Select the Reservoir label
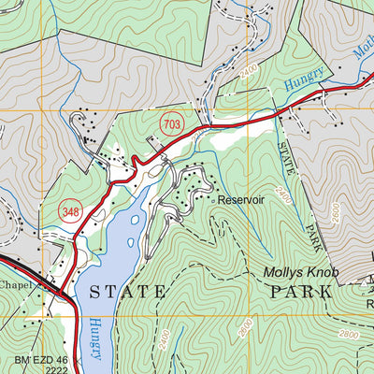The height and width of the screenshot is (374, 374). click(x=241, y=200)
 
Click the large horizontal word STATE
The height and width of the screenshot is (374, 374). click(x=128, y=293)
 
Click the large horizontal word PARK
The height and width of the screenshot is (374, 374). click(x=301, y=292)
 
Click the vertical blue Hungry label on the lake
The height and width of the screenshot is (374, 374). click(x=96, y=336)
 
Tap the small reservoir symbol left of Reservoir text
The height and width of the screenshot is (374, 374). click(x=214, y=200)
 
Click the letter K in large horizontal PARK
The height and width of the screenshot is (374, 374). click(x=325, y=292)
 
